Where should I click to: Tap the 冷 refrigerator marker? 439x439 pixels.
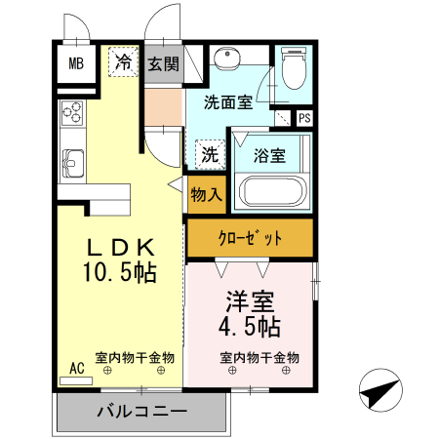[x=123, y=62]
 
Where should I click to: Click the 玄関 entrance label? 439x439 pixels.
[x=164, y=64]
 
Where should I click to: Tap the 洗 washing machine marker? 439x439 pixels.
[x=210, y=153]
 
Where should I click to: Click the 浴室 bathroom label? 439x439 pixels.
[x=268, y=154]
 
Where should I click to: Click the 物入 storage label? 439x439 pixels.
[x=206, y=194]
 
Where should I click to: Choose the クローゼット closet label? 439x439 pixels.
[x=250, y=237]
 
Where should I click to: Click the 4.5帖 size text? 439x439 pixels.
[x=250, y=325]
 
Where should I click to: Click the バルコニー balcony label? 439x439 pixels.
[x=141, y=411]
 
